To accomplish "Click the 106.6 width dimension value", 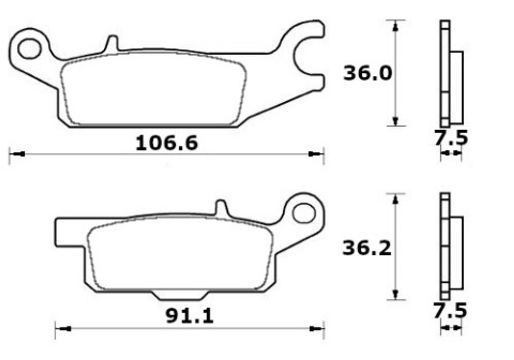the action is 167,143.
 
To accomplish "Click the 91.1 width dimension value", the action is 190,316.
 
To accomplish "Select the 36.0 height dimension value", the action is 368,73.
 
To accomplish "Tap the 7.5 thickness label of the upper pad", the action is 451,138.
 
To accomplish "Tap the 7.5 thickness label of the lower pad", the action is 450,310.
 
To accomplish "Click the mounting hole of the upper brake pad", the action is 29,49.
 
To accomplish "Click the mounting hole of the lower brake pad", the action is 304,213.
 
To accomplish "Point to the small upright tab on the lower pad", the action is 221,208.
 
